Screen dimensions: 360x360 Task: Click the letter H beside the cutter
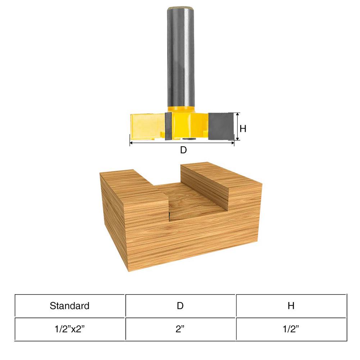[x=243, y=128]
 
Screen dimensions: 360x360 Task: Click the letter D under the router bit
[x=183, y=150]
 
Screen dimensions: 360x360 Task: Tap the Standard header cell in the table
[x=69, y=306]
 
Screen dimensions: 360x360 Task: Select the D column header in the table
[x=180, y=306]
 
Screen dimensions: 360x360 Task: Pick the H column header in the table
[x=291, y=306]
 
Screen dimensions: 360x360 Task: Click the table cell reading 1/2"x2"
[x=69, y=329]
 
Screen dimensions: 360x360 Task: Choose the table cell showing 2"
[x=180, y=329]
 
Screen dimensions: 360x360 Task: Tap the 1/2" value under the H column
[x=291, y=329]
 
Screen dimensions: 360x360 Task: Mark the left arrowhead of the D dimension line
[x=131, y=143]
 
